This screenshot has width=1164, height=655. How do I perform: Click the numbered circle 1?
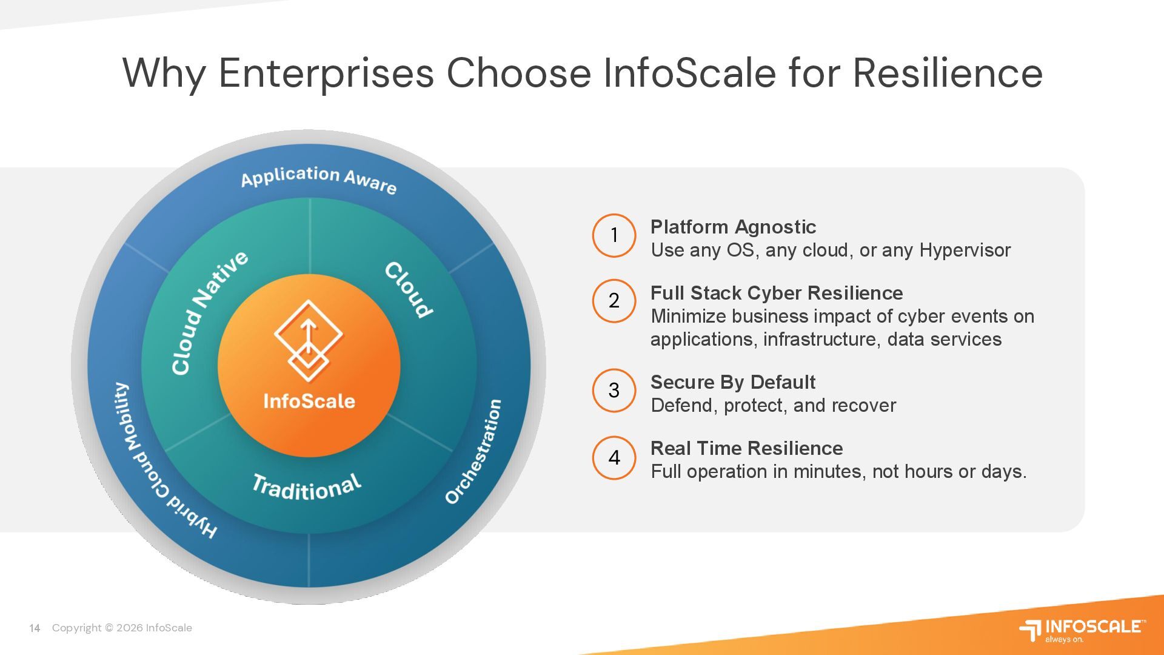pos(614,235)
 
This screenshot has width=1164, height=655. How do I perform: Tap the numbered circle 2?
pos(614,301)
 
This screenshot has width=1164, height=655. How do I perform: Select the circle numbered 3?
pos(614,391)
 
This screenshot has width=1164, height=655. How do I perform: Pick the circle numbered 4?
pos(614,458)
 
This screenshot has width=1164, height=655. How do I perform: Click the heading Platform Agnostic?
pos(733,227)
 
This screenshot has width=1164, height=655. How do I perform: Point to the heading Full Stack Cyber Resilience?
pos(777,293)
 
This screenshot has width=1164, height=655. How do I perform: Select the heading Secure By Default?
pos(732,382)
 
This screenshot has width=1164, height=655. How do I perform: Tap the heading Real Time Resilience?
pos(746,448)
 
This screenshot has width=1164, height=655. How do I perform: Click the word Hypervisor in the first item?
pos(965,250)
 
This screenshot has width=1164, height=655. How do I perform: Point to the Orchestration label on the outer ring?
pos(475,452)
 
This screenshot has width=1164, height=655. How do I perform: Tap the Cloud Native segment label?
pos(209,313)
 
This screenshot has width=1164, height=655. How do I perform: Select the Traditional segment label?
pos(307,487)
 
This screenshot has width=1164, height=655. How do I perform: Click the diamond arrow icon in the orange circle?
pos(308,340)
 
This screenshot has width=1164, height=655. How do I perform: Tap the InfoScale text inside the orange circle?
pos(309,401)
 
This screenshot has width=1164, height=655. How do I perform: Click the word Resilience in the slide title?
pos(948,73)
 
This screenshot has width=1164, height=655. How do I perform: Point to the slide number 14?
pos(35,628)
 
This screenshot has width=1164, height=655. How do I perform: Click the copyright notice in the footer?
pos(122,628)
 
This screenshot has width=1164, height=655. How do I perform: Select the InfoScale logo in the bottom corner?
pos(1083,630)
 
